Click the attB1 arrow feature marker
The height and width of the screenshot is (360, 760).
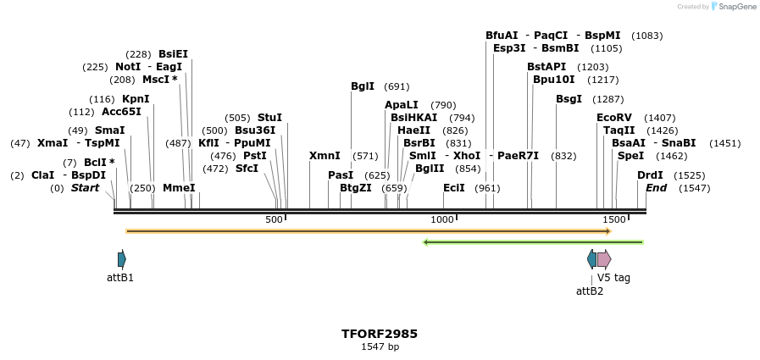click(122, 259)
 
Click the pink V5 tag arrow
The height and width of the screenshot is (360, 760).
click(604, 259)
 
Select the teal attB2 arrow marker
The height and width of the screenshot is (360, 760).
click(591, 259)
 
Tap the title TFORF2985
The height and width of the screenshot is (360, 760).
click(380, 334)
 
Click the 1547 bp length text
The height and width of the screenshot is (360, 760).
click(380, 346)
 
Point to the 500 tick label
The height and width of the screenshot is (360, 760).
click(274, 219)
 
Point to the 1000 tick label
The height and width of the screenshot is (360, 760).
click(442, 219)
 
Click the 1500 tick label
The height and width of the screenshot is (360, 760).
click(613, 219)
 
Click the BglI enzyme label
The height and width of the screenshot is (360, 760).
click(363, 86)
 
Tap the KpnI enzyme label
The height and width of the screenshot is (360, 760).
click(136, 99)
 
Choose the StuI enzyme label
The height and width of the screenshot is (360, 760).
click(269, 118)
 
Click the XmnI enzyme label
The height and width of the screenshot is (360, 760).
click(325, 156)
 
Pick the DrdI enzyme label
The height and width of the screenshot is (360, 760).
click(651, 175)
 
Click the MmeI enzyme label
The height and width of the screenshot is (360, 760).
click(179, 188)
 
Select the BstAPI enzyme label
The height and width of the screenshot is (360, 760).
click(546, 67)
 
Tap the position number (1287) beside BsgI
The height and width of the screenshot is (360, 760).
click(607, 99)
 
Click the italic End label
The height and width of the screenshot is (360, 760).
click(657, 188)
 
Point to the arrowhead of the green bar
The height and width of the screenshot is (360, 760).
click(426, 242)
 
